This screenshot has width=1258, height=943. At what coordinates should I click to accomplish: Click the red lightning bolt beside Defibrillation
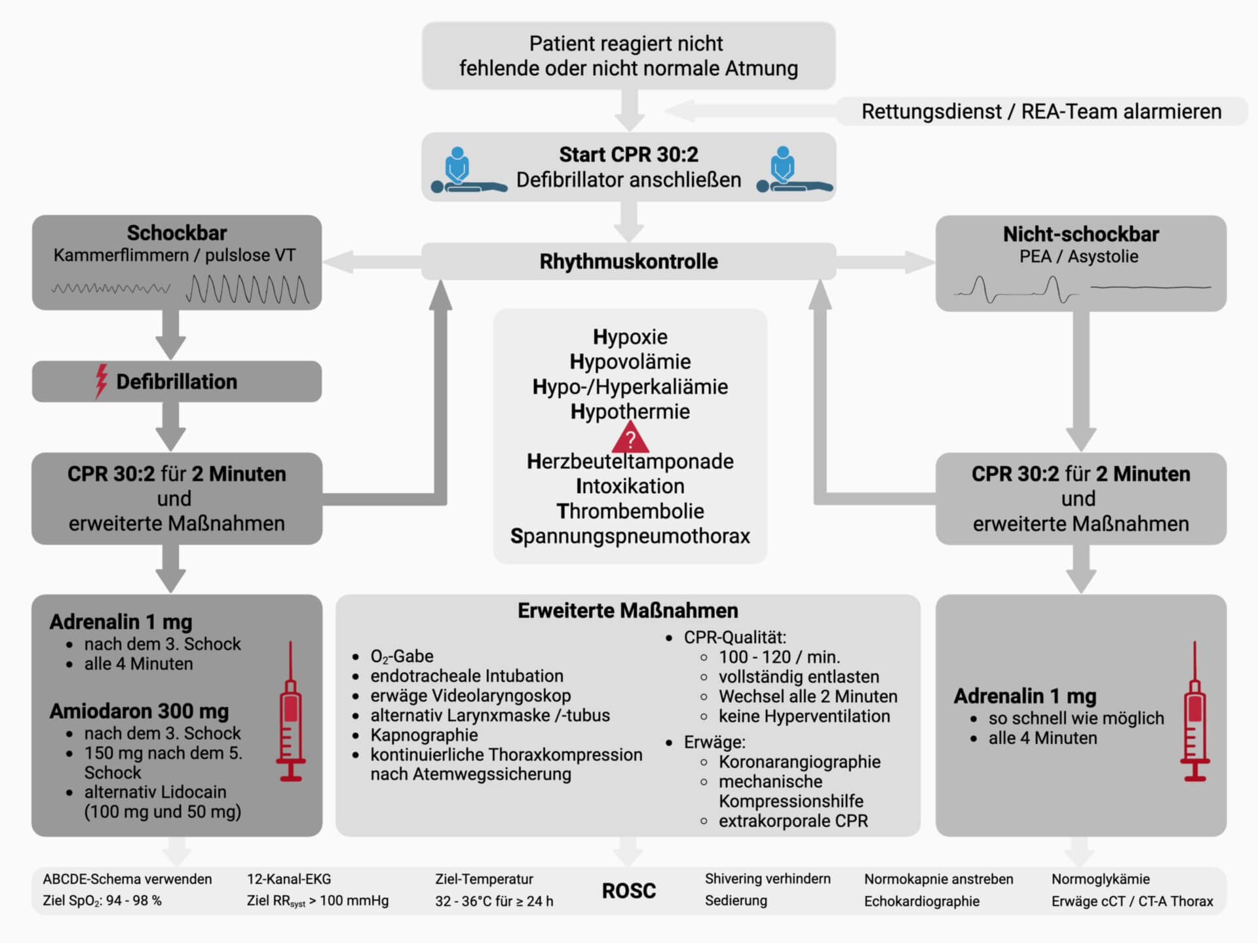tap(101, 381)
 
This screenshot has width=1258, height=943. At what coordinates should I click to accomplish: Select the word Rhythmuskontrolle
tap(628, 261)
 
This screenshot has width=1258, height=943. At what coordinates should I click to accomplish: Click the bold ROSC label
tap(628, 891)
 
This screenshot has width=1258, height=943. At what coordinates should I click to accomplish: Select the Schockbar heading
tap(177, 233)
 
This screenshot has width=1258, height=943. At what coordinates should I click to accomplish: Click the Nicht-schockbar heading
tap(1080, 234)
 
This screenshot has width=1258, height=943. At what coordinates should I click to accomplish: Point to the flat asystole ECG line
tap(1151, 287)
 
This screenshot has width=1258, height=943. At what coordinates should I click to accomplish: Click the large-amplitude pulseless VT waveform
tap(248, 289)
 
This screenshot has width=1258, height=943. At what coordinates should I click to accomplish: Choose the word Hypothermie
tap(630, 411)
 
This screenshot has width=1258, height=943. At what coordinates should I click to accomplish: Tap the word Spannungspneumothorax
tap(630, 536)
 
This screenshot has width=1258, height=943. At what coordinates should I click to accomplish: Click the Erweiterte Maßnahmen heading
tap(628, 610)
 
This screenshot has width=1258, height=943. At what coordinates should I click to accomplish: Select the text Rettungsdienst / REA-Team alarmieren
tap(1041, 111)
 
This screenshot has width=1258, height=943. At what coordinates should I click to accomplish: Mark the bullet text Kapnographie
tap(424, 735)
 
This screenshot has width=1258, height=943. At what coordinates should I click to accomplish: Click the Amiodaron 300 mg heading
tap(139, 711)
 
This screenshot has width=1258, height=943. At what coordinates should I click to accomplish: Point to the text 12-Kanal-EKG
tap(289, 879)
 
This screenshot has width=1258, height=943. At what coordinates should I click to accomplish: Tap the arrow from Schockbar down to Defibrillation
tap(171, 334)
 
